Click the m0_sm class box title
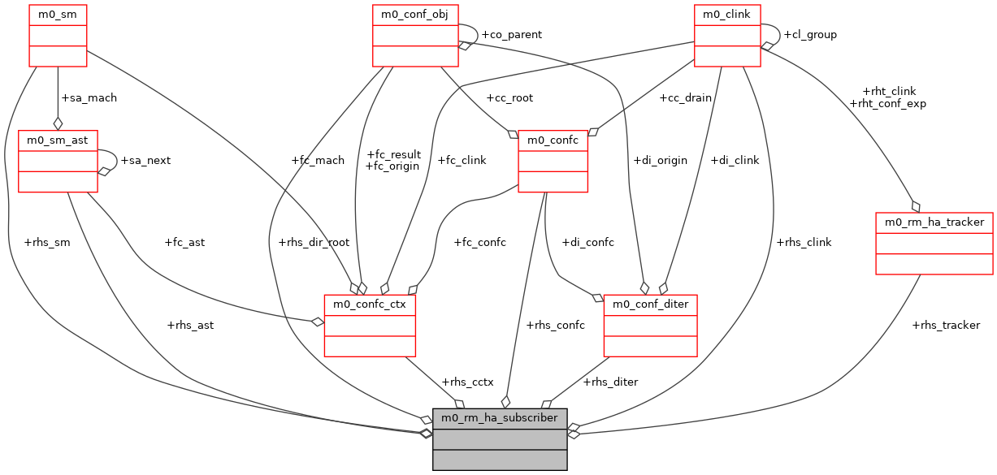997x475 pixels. pyautogui.click(x=58, y=15)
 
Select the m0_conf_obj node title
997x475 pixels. pyautogui.click(x=415, y=15)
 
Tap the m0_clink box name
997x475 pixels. pyautogui.click(x=726, y=15)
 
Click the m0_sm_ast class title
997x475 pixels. pyautogui.click(x=58, y=140)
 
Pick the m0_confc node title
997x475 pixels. pyautogui.click(x=553, y=140)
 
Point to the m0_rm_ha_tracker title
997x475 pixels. pyautogui.click(x=934, y=222)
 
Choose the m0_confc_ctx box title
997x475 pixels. pyautogui.click(x=370, y=304)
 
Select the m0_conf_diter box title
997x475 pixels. pyautogui.click(x=650, y=304)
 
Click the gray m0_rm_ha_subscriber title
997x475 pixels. pyautogui.click(x=499, y=418)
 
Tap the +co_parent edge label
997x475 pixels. pyautogui.click(x=511, y=35)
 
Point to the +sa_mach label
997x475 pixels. pyautogui.click(x=89, y=97)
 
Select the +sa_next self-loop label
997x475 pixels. pyautogui.click(x=145, y=160)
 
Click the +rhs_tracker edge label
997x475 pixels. pyautogui.click(x=946, y=325)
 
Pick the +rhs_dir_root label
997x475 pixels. pyautogui.click(x=314, y=243)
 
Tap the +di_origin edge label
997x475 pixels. pyautogui.click(x=659, y=160)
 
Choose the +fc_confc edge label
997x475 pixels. pyautogui.click(x=479, y=242)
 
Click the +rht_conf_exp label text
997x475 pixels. pyautogui.click(x=887, y=103)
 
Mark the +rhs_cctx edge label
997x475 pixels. pyautogui.click(x=467, y=382)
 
